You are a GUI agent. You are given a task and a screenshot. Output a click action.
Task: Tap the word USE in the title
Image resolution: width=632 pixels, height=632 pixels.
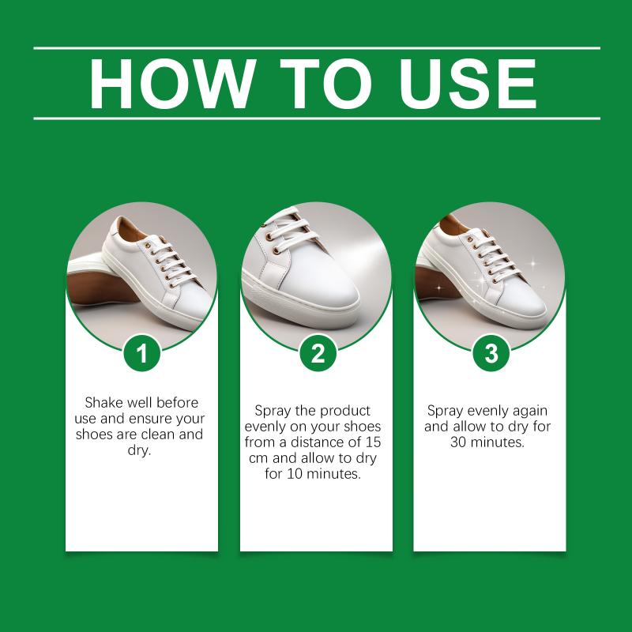[468, 84]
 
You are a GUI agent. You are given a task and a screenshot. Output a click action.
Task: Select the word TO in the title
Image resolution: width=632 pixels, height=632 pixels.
[325, 84]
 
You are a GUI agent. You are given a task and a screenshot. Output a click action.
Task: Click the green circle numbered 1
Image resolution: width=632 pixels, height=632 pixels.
[142, 353]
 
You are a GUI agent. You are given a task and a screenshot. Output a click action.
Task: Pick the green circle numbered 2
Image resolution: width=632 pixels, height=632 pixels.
[318, 353]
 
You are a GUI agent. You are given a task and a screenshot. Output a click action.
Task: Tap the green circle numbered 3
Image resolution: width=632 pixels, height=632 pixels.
[491, 353]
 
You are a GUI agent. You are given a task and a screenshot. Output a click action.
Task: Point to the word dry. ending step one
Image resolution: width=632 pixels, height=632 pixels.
[140, 450]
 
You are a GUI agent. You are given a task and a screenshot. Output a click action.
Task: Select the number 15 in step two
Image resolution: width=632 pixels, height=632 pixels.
[373, 442]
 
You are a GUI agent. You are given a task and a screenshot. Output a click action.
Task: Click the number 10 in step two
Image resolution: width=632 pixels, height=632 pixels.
[294, 473]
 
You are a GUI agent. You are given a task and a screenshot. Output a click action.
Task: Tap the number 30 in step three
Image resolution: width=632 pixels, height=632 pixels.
[458, 442]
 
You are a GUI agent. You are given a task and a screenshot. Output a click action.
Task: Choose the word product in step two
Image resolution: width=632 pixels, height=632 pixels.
[345, 411]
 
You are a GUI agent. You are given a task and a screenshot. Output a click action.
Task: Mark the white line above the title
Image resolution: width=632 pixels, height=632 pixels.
[317, 48]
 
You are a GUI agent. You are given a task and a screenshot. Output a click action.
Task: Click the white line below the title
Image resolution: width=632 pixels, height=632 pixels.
[317, 118]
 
